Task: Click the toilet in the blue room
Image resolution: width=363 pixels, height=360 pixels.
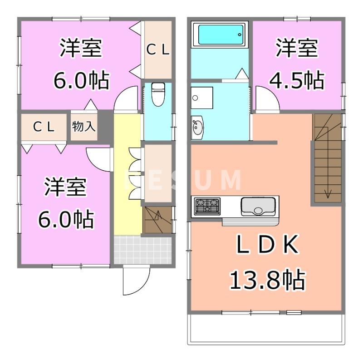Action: tap(157, 94)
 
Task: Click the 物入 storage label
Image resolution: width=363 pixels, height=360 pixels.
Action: tap(84, 126)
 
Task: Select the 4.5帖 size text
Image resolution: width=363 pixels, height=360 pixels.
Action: tap(297, 80)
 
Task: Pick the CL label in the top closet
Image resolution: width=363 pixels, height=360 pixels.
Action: tap(158, 50)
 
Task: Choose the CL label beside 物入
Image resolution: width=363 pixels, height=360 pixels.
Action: tap(44, 127)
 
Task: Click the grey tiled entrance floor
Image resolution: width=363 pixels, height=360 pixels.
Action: tap(142, 249)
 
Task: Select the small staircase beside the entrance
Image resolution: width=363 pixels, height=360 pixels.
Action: tap(158, 220)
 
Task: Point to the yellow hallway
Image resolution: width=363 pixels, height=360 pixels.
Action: tap(127, 182)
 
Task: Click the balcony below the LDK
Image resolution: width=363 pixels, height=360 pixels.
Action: tap(265, 329)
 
